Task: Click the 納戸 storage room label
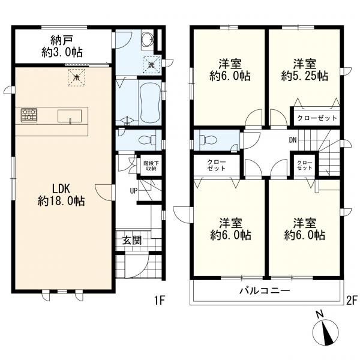[x=62, y=40]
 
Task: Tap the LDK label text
[x=61, y=189]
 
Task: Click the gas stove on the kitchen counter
[x=29, y=115]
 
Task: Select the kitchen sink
[x=70, y=116]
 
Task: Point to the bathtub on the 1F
[x=150, y=102]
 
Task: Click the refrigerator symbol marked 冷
[x=76, y=77]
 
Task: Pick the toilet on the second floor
[x=208, y=140]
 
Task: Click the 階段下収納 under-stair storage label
[x=150, y=166]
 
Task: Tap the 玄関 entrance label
[x=132, y=241]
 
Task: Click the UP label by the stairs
[x=134, y=191]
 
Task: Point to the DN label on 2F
[x=293, y=140]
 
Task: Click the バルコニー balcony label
[x=265, y=291]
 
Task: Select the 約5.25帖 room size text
[x=305, y=76]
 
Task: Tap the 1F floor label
[x=160, y=300]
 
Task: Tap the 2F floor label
[x=352, y=300]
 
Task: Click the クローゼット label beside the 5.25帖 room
[x=317, y=118]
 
